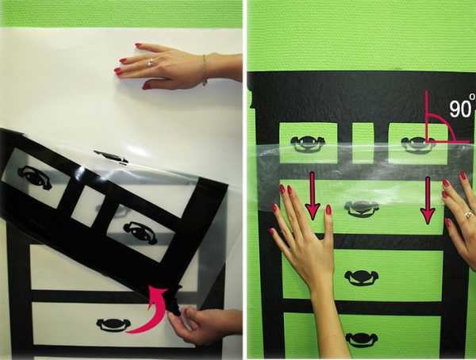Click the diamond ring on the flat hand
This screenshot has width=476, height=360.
click(x=150, y=63)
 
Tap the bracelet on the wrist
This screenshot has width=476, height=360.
click(x=205, y=70)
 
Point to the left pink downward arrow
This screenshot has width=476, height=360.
click(x=312, y=196)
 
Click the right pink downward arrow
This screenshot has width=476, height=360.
click(x=428, y=201)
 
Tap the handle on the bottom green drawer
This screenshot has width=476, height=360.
click(x=362, y=339)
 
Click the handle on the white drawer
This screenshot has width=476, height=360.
click(x=113, y=325)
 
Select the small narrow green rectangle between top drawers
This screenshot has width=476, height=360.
click(x=363, y=143)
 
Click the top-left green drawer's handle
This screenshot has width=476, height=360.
click(x=308, y=144)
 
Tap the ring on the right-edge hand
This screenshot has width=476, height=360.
click(x=469, y=215)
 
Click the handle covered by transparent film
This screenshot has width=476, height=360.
click(x=361, y=209)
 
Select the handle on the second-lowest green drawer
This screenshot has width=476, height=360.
click(x=361, y=278)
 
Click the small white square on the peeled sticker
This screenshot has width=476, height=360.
click(x=88, y=206)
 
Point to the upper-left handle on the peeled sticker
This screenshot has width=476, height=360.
click(x=34, y=178)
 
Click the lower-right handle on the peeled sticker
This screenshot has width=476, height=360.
click(x=141, y=233)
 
